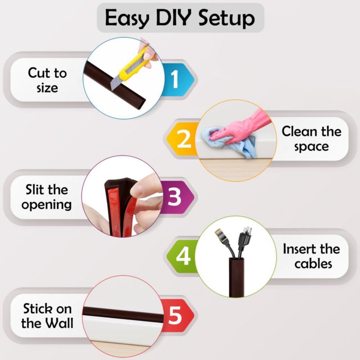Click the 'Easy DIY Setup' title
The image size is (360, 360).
coord(180,18)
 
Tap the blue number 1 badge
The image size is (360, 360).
coord(177,79)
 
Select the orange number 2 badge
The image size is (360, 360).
coord(183,139)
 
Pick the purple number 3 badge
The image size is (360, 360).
coord(177,197)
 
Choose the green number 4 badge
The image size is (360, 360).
coord(183,256)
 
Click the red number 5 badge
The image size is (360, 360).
coord(177,315)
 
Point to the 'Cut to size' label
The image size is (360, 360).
coord(47,80)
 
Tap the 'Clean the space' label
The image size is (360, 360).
coord(311,139)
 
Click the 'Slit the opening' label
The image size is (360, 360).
coord(47,197)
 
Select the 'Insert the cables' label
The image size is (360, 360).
coord(311,256)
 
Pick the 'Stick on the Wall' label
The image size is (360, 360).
coord(47,315)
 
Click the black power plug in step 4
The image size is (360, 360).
coord(244,239)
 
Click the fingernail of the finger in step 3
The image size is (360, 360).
coord(137,190)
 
